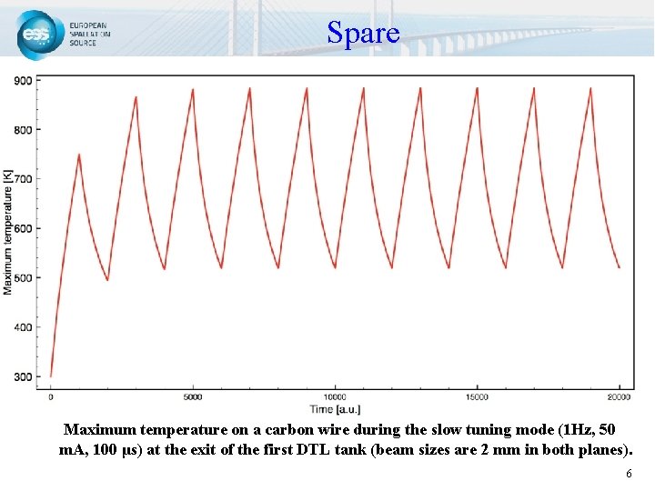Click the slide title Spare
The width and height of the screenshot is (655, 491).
[x=363, y=34]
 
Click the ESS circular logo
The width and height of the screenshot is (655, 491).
[x=37, y=35]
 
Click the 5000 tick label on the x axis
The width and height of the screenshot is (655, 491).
[x=193, y=397]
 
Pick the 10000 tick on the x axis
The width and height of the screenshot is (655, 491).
[x=336, y=397]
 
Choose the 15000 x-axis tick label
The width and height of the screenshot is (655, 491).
[x=478, y=397]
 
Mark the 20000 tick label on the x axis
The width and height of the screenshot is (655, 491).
[x=620, y=397]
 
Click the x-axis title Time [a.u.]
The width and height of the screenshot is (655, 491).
[x=336, y=410]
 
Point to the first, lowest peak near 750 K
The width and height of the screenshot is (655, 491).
[x=79, y=155]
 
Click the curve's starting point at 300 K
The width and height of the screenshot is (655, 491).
[x=51, y=376]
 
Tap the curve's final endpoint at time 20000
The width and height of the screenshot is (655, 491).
[x=620, y=267]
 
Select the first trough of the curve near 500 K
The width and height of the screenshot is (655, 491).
[x=107, y=279]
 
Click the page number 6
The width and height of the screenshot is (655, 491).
[x=628, y=475]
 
